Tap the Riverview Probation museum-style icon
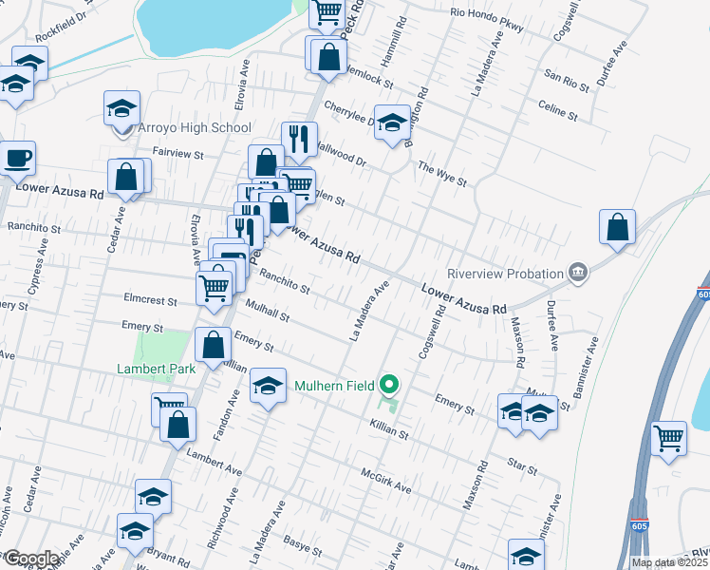[x=577, y=274]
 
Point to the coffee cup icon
[x=18, y=157]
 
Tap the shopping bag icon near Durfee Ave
[x=617, y=227]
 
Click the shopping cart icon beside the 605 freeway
[x=669, y=438]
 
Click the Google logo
[x=31, y=559]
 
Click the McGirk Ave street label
[x=385, y=480]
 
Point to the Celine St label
[x=557, y=109]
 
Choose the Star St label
[x=523, y=465]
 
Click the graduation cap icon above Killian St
[x=268, y=385]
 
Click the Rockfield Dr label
[x=61, y=31]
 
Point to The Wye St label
[x=443, y=178]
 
